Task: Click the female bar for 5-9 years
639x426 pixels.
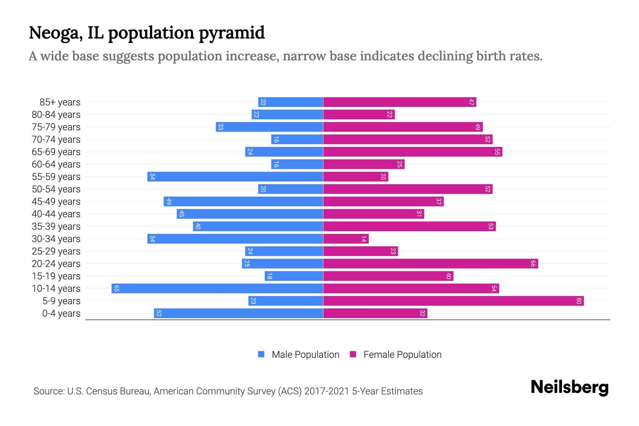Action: click(x=453, y=301)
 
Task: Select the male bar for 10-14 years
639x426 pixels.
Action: click(x=217, y=289)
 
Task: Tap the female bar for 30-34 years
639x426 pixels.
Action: click(x=346, y=239)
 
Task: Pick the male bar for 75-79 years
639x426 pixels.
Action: click(x=269, y=127)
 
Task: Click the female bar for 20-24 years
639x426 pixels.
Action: click(x=431, y=264)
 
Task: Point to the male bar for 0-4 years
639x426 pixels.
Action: click(x=239, y=313)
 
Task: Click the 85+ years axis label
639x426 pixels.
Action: click(x=60, y=102)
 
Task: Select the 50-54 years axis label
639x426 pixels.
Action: click(x=56, y=189)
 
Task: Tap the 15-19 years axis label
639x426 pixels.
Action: click(x=56, y=276)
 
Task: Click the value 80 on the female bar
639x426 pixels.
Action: click(x=579, y=301)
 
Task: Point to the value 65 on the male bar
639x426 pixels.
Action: click(x=116, y=289)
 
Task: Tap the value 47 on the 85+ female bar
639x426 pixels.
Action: click(x=471, y=102)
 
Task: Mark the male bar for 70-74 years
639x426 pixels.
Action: click(x=297, y=140)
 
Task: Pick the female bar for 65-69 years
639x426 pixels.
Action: click(x=413, y=152)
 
